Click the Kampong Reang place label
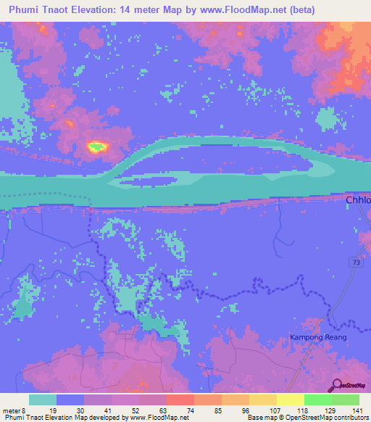click(x=318, y=337)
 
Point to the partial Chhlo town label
click(x=357, y=201)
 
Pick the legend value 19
click(x=54, y=410)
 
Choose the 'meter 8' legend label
click(x=16, y=410)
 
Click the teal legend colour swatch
click(x=43, y=400)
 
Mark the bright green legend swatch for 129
click(x=317, y=400)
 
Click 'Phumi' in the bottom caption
click(x=14, y=418)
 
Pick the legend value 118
click(x=301, y=410)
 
